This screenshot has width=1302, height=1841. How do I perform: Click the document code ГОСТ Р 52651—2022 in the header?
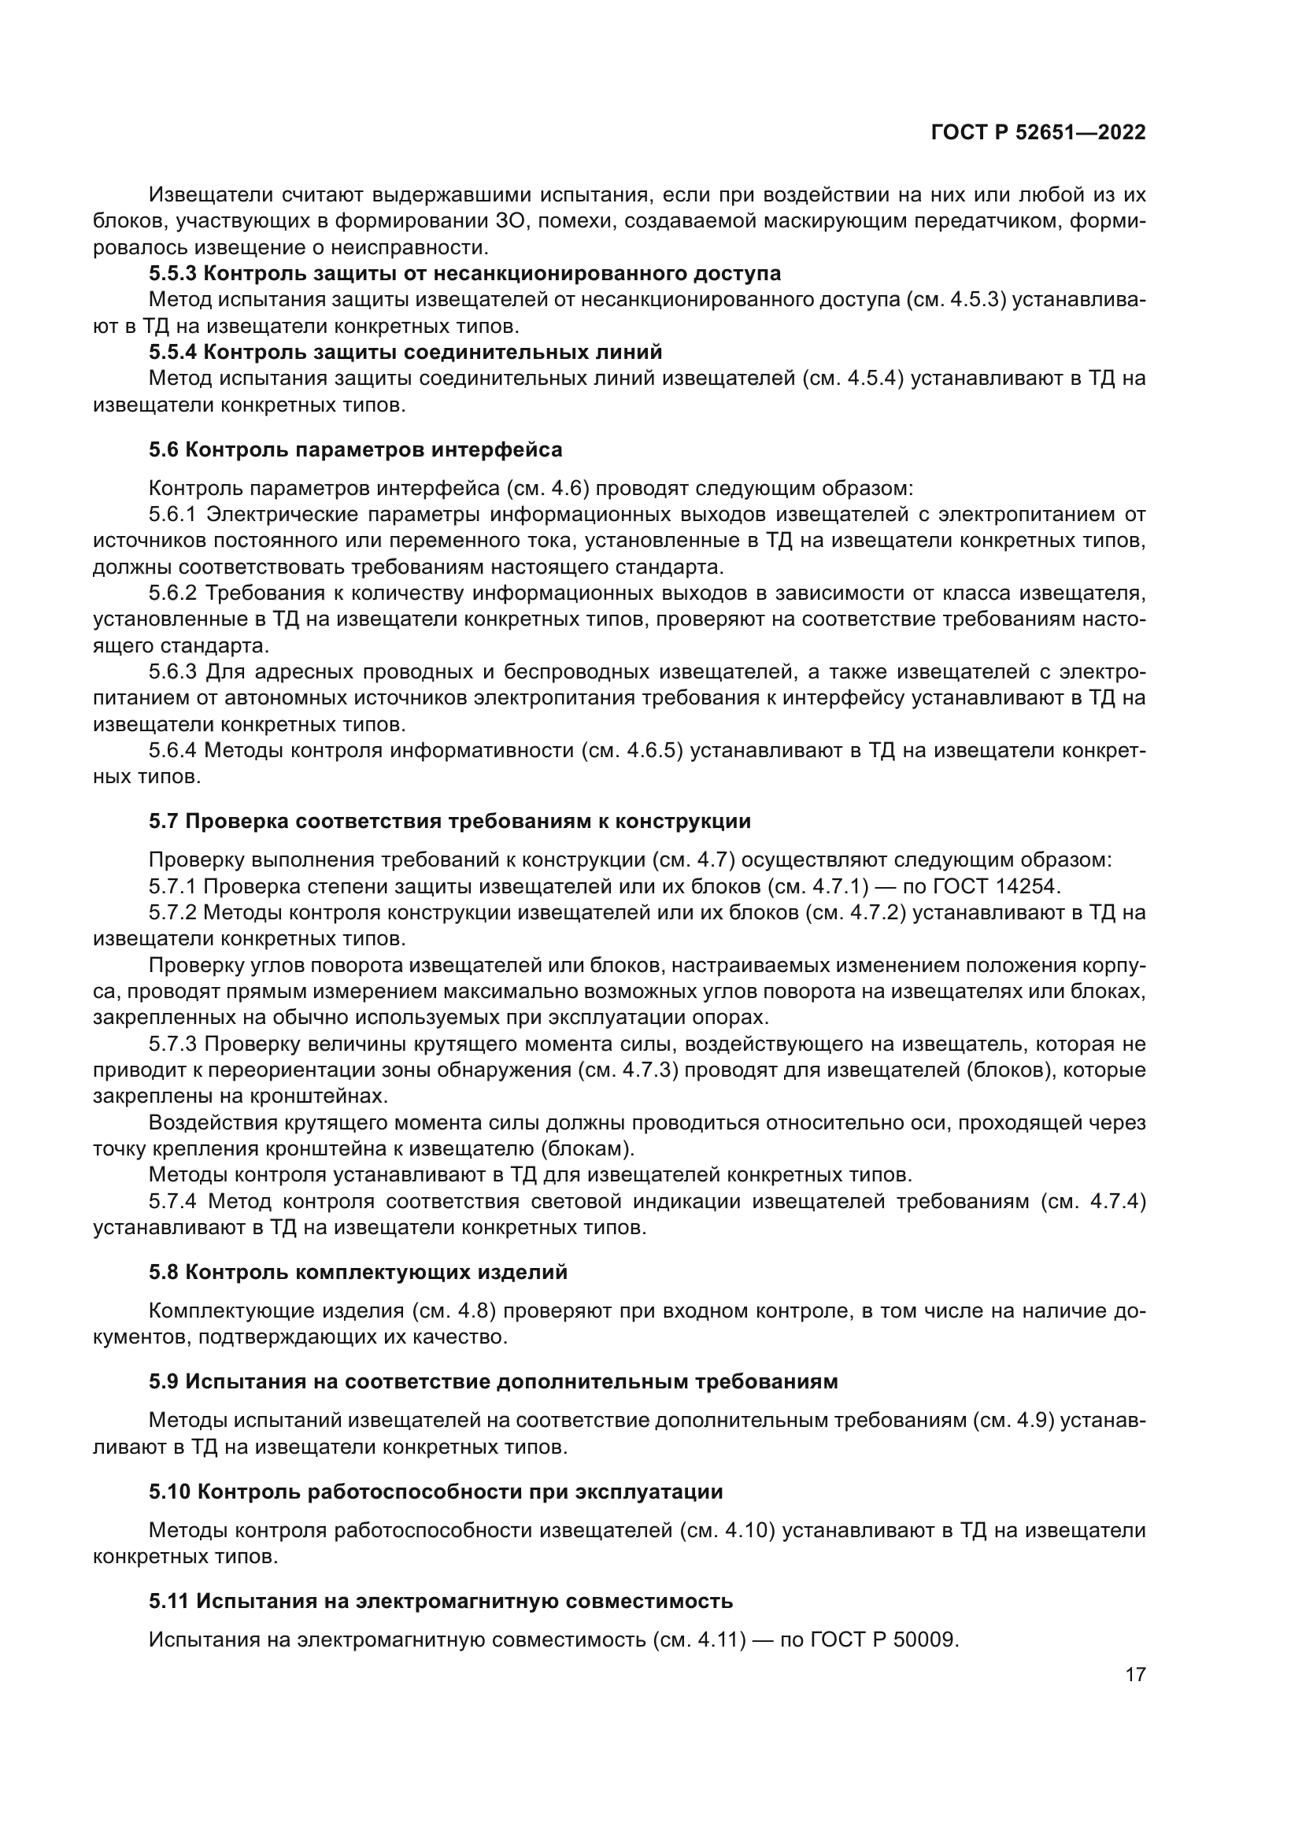[1038, 133]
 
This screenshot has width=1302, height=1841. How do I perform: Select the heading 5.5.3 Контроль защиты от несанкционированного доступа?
[464, 273]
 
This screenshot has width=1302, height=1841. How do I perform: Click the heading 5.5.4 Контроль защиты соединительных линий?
[405, 352]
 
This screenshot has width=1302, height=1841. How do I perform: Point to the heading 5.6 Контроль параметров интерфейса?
[355, 450]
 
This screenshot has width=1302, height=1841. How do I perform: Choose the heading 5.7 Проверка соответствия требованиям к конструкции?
[449, 821]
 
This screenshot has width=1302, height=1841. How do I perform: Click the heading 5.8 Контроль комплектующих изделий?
[357, 1272]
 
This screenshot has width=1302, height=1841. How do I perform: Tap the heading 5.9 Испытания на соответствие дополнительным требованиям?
[492, 1381]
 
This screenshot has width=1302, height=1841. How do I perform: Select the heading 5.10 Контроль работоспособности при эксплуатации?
[435, 1492]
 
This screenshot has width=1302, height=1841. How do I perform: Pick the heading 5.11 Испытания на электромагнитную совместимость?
[440, 1601]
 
